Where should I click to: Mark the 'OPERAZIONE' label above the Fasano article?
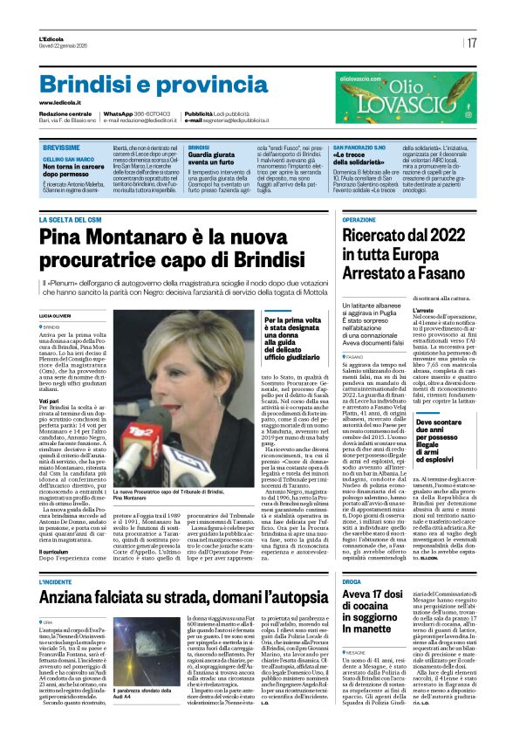pyautogui.click(x=359, y=219)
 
